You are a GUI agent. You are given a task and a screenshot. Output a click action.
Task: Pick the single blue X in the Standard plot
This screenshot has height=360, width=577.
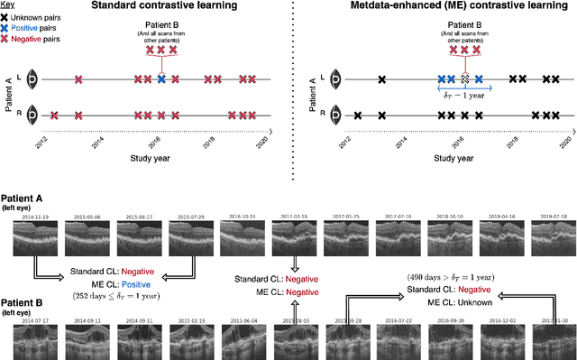point(161,79)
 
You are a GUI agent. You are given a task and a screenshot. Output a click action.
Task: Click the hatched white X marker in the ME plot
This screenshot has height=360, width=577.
point(464,79)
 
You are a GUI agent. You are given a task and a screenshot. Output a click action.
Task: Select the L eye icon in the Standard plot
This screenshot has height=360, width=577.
point(32,79)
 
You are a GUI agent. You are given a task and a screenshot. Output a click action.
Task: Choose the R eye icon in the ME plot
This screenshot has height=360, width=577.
point(336,115)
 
